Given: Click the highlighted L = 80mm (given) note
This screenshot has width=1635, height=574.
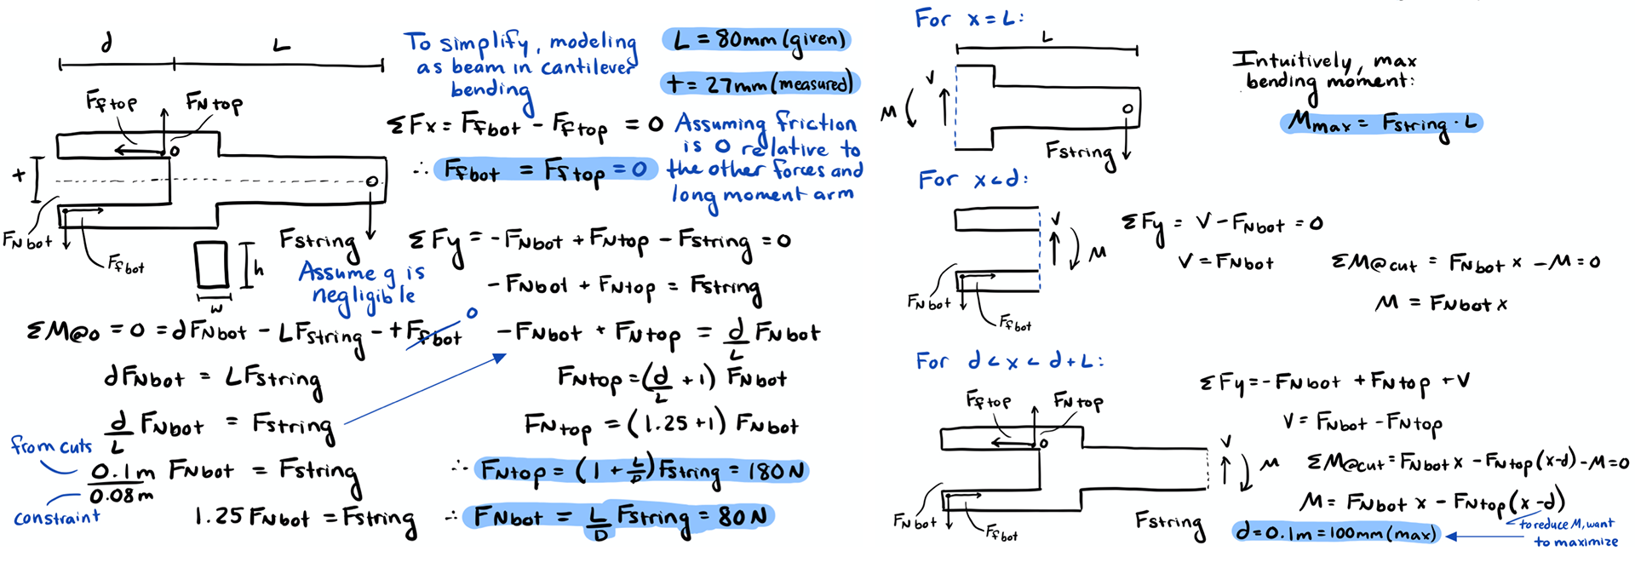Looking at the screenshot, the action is (x=756, y=40).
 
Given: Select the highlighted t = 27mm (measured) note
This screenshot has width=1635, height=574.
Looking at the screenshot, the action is (x=760, y=83).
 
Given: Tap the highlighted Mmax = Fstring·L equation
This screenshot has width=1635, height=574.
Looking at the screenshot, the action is (x=1381, y=123).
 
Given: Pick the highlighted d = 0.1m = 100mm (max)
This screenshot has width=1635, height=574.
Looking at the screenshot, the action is (x=1335, y=534).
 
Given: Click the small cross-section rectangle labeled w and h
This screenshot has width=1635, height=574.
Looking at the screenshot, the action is (x=211, y=266).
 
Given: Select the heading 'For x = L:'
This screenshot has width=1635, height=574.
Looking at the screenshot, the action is (x=968, y=19).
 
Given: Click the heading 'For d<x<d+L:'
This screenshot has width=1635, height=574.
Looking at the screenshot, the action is (x=1008, y=361).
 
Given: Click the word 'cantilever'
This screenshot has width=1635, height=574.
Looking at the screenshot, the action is (x=588, y=66).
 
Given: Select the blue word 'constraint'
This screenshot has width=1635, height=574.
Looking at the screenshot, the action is (x=56, y=517).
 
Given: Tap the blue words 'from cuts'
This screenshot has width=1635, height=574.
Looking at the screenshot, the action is (x=51, y=445).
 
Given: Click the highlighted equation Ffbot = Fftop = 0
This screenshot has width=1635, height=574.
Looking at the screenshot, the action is (x=545, y=170).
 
